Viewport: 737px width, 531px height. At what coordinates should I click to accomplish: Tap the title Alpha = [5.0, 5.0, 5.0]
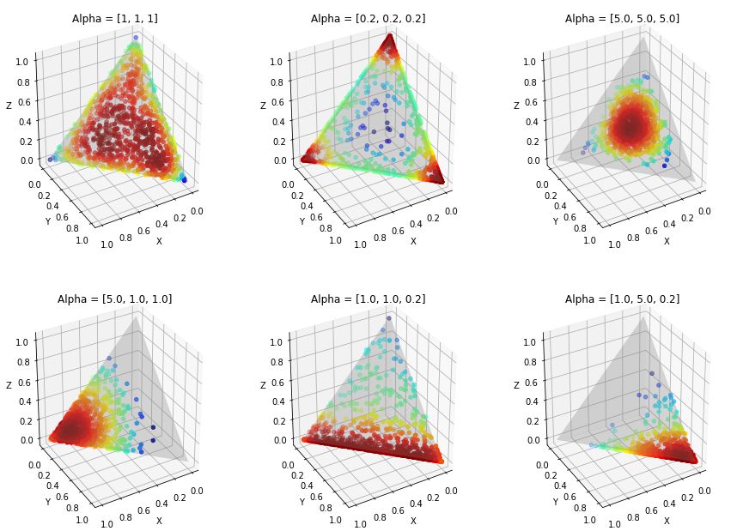(x=622, y=19)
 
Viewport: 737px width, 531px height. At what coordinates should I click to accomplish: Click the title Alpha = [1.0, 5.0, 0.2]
(x=622, y=299)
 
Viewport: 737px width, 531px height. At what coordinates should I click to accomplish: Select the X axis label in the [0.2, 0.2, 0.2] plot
(x=413, y=241)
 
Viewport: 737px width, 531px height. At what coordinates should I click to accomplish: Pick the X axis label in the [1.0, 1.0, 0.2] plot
(x=413, y=522)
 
